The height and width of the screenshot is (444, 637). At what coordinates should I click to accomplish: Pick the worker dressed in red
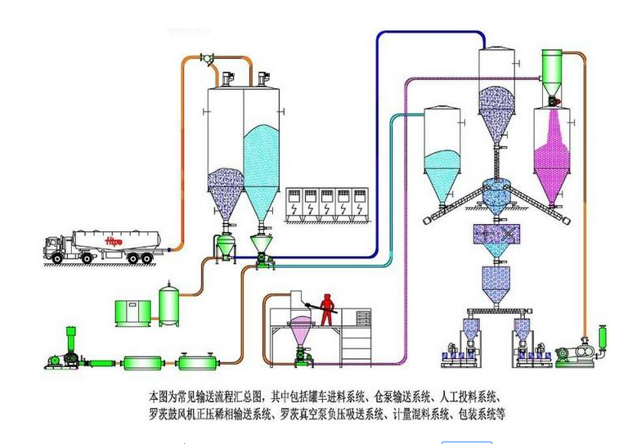(328, 307)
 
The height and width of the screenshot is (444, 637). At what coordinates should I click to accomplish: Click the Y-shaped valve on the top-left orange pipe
(208, 59)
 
